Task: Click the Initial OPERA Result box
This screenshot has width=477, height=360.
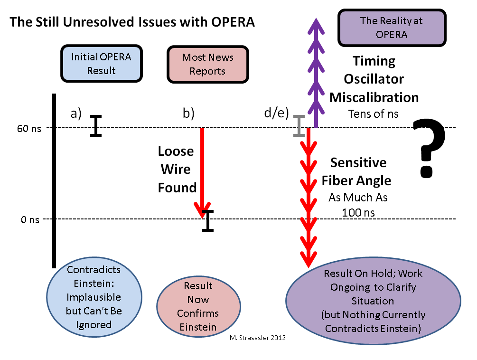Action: pos(101,64)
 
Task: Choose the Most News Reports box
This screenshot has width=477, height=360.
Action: pos(208,64)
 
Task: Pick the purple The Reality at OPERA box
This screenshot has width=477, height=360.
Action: pos(392,27)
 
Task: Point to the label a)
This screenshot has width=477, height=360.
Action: pos(76,114)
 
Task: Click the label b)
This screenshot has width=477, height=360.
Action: pos(188,114)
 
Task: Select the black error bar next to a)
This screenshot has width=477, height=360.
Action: pos(96,126)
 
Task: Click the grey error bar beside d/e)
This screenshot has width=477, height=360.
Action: pos(299,126)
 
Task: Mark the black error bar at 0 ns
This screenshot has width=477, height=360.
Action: pos(208,220)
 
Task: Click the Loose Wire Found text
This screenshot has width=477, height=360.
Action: pos(176,170)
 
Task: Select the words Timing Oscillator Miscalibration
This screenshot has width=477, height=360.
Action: pos(374,79)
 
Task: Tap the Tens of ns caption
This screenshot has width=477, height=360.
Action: pos(374,114)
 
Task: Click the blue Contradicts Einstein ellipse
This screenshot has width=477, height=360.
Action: pos(94,297)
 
